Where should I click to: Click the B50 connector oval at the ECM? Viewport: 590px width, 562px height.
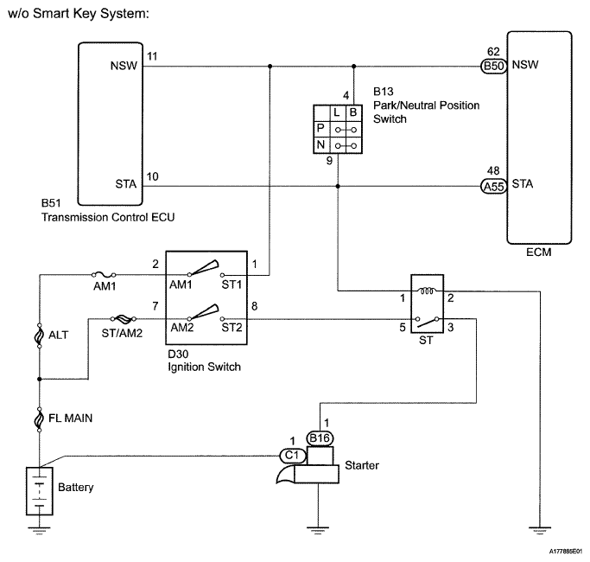click(493, 67)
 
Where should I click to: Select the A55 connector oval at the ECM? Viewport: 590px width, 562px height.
click(493, 186)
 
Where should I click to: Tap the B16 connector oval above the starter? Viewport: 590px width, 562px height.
click(320, 438)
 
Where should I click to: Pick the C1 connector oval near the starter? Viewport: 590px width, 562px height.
click(292, 456)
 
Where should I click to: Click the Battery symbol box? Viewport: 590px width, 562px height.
click(40, 491)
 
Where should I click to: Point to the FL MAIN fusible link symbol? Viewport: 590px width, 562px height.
click(39, 419)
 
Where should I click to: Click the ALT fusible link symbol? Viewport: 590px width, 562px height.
click(39, 335)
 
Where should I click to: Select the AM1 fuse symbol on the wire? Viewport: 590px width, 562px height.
click(104, 275)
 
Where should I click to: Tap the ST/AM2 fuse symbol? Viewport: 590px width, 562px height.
click(123, 319)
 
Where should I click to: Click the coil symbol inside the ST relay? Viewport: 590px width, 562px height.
click(427, 291)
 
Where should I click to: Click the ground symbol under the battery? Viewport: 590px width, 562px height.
click(39, 531)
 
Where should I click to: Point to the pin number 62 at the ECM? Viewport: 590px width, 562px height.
click(493, 52)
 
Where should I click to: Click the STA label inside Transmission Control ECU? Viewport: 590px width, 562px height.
click(125, 184)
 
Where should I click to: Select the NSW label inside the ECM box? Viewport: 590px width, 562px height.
click(525, 65)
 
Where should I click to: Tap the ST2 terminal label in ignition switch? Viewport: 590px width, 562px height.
click(232, 328)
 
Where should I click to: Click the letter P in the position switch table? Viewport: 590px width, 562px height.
click(320, 128)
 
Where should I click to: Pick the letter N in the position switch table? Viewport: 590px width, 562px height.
click(320, 144)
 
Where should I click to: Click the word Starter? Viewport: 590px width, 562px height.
click(362, 465)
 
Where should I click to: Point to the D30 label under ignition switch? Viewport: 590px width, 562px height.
click(178, 354)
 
